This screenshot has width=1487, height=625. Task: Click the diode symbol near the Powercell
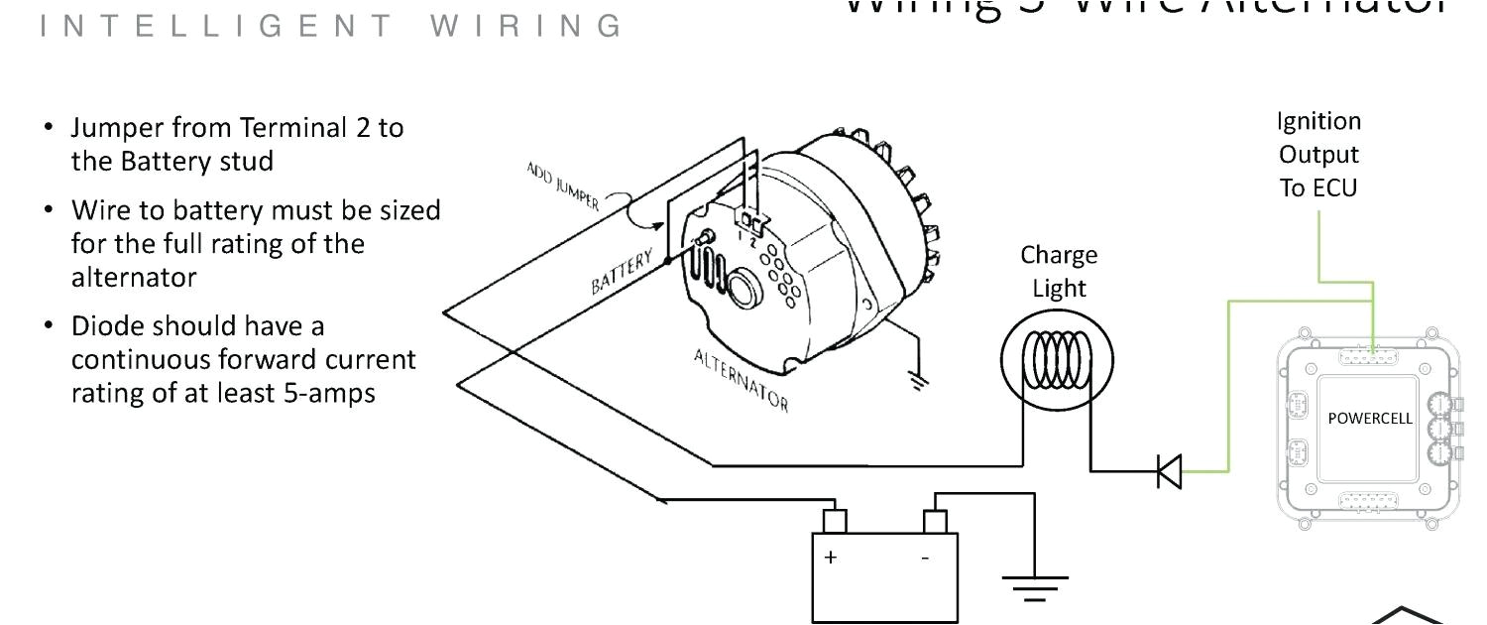tap(1171, 471)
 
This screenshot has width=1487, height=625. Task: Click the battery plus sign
tap(830, 558)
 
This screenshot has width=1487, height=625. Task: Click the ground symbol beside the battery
tap(1035, 587)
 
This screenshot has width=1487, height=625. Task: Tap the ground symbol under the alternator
tap(919, 380)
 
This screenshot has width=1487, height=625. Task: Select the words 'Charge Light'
tap(1059, 272)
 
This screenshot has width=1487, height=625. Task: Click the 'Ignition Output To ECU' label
tap(1318, 155)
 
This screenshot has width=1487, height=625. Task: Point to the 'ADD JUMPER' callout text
tap(562, 185)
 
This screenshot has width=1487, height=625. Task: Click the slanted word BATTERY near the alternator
tap(623, 272)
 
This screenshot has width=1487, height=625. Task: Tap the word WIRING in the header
tap(526, 25)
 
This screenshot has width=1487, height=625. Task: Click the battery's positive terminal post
tap(835, 521)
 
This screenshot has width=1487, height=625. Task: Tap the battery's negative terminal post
tap(934, 521)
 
